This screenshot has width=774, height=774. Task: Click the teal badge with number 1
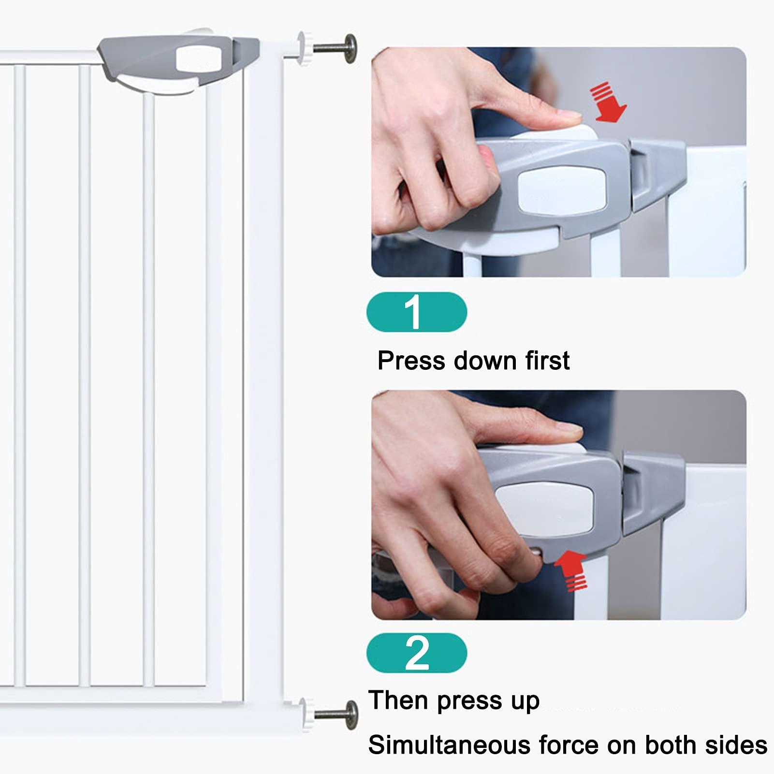tap(417, 312)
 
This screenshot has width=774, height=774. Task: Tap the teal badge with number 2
tap(417, 653)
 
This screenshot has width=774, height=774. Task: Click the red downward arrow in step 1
tap(610, 102)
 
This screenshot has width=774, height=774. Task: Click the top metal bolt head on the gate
tap(350, 48)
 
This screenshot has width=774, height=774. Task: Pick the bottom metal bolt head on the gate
tap(351, 715)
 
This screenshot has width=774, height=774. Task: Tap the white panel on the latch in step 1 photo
tap(562, 190)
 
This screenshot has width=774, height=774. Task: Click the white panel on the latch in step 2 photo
tap(545, 510)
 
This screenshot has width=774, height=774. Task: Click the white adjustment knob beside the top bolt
tap(305, 48)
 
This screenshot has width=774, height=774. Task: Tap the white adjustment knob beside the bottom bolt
tap(306, 715)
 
